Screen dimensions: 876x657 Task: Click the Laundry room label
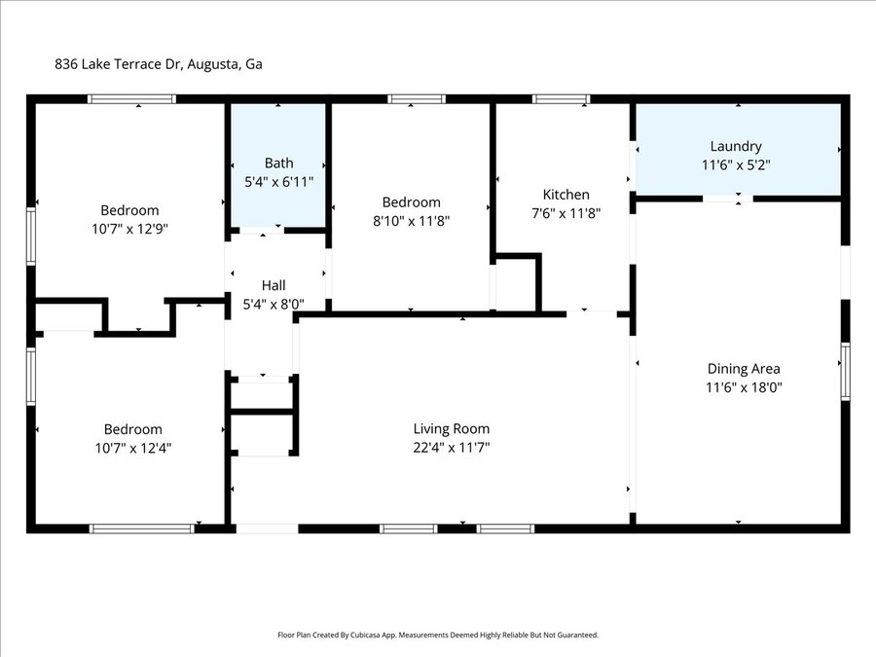pos(736,146)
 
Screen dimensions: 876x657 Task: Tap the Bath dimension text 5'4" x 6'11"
pos(278,182)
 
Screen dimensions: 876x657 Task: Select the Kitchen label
pos(566,195)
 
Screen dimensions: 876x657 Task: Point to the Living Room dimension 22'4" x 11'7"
pos(452,448)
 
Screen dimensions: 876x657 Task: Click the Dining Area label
pos(744,369)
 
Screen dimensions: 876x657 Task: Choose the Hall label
pos(274,285)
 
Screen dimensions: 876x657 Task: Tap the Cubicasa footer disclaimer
pos(438,635)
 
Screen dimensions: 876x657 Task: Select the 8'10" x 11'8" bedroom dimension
pos(411,221)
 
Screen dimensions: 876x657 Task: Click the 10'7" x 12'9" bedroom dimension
pos(130,229)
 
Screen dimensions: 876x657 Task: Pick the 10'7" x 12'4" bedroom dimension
pos(133,448)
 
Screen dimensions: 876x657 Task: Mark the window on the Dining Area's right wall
pos(845,372)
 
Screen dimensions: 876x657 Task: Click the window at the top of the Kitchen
pos(561,99)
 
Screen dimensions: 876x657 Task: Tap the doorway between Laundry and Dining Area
pos(727,199)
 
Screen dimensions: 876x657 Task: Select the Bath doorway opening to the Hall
pos(262,230)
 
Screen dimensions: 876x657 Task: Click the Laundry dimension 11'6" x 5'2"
pos(736,165)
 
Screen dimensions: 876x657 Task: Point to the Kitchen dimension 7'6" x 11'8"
pos(566,213)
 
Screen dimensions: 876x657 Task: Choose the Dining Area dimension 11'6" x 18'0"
pos(744,387)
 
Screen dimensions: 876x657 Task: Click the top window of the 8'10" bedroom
pos(417,99)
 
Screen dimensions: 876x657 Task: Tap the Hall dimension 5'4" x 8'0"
pos(274,305)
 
